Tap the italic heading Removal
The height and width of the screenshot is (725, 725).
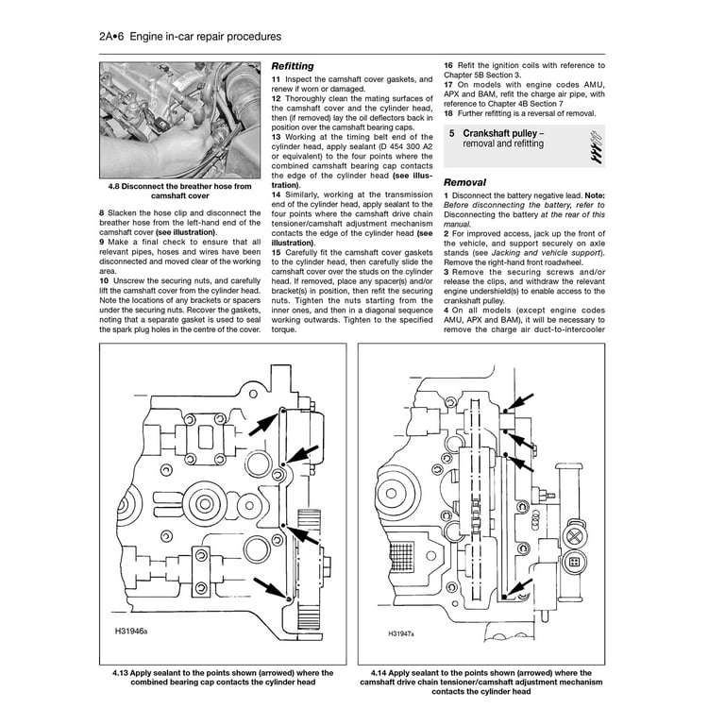[x=465, y=182]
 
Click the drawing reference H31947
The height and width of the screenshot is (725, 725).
[x=405, y=635]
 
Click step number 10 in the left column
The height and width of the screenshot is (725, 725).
[x=104, y=281]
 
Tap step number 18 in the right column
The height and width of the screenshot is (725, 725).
[x=448, y=112]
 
